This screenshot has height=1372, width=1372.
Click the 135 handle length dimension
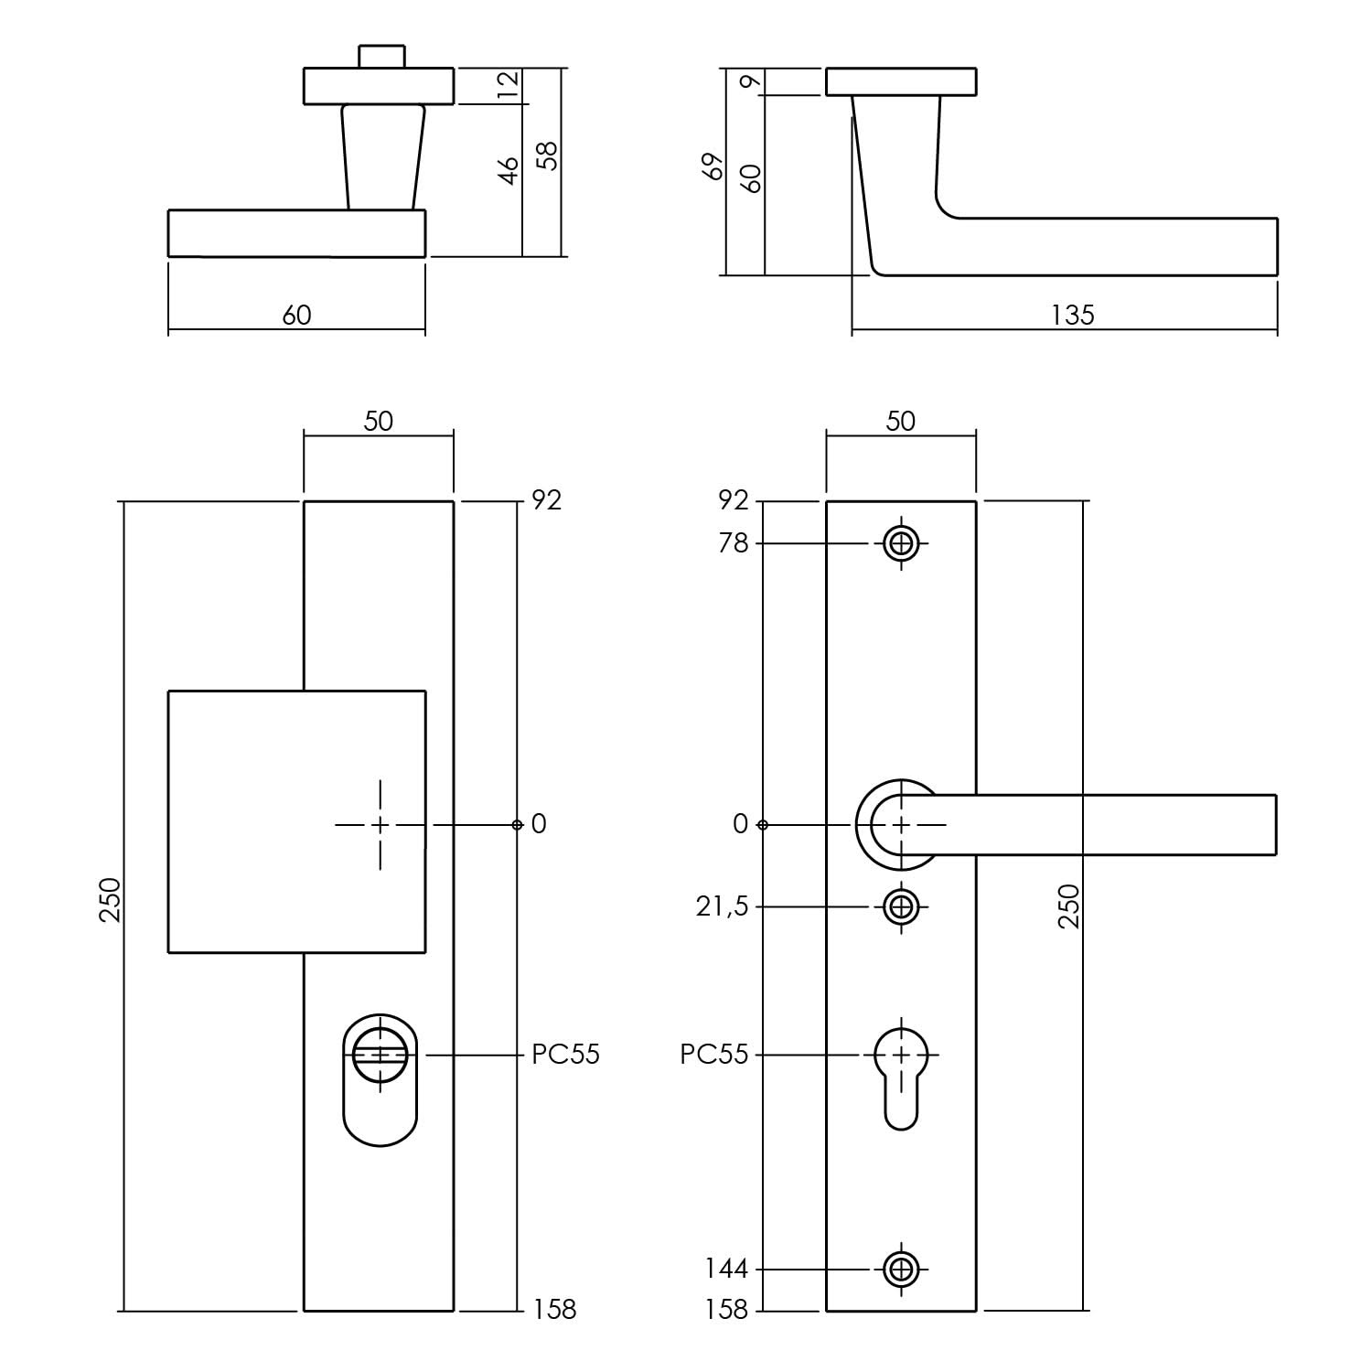coord(1072,315)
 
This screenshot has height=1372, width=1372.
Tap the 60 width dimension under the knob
coord(296,315)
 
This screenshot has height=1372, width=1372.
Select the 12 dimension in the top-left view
coord(509,85)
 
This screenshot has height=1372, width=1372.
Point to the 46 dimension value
coord(509,170)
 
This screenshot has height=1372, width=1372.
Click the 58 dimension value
coord(547,156)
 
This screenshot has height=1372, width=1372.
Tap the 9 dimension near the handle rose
coord(752,81)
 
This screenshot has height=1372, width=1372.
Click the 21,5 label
coord(722,907)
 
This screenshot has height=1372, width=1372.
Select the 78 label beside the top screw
coord(734,543)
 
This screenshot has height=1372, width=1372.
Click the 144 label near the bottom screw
coord(726,1270)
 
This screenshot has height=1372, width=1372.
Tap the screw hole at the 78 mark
coord(902,544)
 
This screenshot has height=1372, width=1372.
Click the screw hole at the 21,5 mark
coord(902,907)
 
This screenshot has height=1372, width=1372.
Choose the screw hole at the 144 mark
coord(902,1270)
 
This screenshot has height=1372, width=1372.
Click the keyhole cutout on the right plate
coord(902,1078)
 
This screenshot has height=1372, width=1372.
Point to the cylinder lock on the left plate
coord(381,1079)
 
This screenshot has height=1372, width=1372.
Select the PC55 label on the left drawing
coord(566,1055)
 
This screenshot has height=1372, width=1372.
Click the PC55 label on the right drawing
coord(714,1055)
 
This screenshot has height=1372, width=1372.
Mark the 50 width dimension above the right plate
coord(901,421)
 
